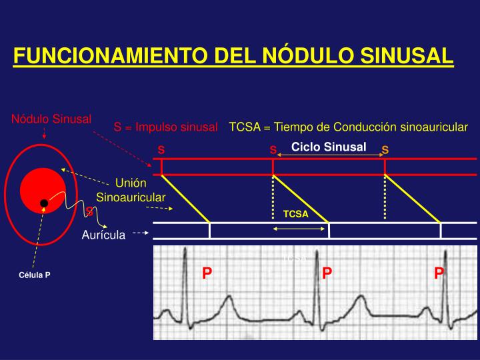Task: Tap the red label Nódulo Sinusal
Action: [x=51, y=119]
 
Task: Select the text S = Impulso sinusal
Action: [x=166, y=127]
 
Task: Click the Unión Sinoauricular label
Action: [x=131, y=189]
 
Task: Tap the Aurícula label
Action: [x=103, y=235]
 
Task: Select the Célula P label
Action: [x=35, y=274]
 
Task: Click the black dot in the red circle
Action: [x=43, y=203]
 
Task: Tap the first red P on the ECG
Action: [x=207, y=273]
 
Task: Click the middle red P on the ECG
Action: [x=327, y=273]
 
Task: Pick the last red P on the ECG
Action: [x=439, y=273]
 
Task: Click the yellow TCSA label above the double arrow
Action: [x=296, y=214]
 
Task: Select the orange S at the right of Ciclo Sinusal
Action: [x=385, y=151]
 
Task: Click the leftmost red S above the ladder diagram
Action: [x=161, y=149]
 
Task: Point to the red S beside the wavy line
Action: [x=89, y=211]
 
